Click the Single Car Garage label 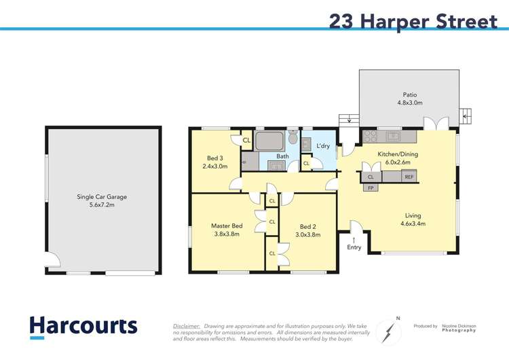[x=102, y=202]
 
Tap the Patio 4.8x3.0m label [x=410, y=99]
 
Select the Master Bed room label [x=227, y=230]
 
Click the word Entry [x=354, y=247]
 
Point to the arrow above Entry [x=354, y=239]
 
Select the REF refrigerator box [x=409, y=177]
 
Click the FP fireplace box [x=371, y=187]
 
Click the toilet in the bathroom [x=293, y=138]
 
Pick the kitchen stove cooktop [x=371, y=135]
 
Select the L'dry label [x=324, y=146]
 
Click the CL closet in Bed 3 [x=246, y=141]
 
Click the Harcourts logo [x=83, y=326]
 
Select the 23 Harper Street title [x=413, y=20]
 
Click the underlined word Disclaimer [x=187, y=326]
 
